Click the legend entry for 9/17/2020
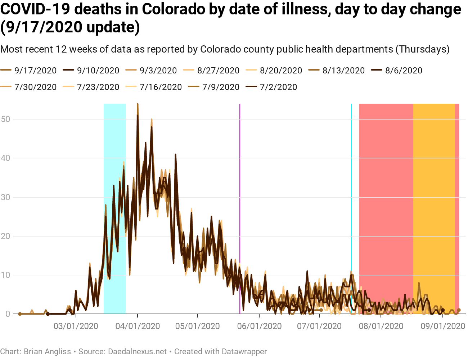click(35, 71)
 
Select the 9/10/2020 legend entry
click(98, 71)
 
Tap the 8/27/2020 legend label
click(218, 71)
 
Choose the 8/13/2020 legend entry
click(343, 71)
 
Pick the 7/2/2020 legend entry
click(278, 87)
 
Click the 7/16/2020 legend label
click(161, 87)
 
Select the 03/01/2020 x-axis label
click(76, 326)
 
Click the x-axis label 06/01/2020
click(259, 326)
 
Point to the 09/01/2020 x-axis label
click(443, 326)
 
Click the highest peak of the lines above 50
click(138, 104)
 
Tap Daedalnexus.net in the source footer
click(137, 351)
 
